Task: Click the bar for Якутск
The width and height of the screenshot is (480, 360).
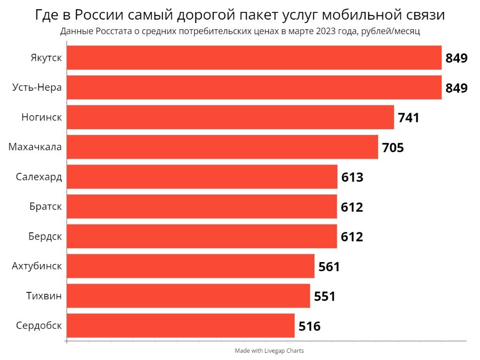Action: (254, 58)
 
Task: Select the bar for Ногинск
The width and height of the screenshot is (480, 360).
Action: (230, 117)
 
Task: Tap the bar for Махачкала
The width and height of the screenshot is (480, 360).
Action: (222, 147)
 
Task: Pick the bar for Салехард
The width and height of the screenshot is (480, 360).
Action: (202, 177)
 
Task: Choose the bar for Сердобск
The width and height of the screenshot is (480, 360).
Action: (180, 326)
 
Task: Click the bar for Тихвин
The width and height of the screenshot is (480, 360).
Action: (188, 296)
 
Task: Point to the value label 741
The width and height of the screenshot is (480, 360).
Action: (408, 118)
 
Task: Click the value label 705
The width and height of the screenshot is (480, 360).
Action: (393, 147)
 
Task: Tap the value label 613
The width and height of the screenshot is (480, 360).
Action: (352, 177)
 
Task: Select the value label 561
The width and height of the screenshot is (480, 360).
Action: (329, 267)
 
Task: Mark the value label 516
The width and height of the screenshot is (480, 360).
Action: (309, 326)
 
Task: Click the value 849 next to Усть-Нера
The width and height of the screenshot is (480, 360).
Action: (456, 88)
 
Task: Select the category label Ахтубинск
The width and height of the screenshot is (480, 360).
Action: (36, 266)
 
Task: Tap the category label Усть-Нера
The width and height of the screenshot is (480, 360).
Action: (37, 87)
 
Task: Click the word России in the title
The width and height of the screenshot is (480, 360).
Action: (99, 15)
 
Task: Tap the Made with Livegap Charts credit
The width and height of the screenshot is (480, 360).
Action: (269, 351)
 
